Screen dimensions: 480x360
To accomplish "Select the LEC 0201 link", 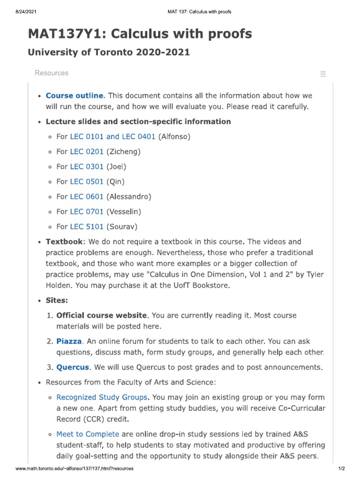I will click(87, 151).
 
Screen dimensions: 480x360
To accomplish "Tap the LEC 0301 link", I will click(87, 166).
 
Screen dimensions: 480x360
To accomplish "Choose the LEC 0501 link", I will click(87, 181).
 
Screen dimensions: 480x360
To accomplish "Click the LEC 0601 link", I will click(87, 196).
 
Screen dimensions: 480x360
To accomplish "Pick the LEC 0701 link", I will click(87, 211).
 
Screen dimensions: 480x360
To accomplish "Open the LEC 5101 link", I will click(87, 226).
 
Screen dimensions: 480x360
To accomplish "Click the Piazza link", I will click(69, 341).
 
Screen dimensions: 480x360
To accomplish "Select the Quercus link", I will click(73, 367).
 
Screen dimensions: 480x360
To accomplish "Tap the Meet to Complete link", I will click(88, 434).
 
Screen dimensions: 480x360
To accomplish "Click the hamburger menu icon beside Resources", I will click(322, 74).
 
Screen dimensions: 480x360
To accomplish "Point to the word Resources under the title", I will click(52, 73).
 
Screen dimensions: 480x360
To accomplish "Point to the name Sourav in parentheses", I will click(122, 226).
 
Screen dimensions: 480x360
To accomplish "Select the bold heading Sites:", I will click(57, 300).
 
